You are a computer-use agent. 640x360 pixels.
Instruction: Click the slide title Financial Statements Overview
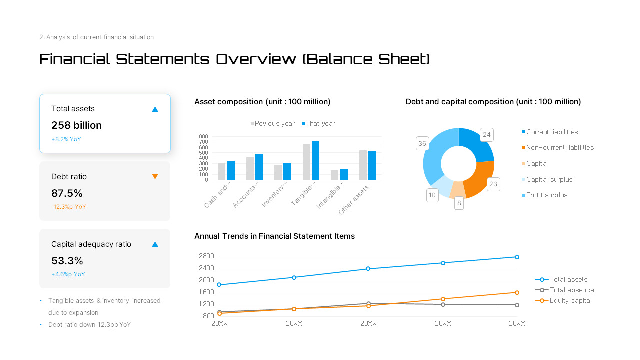(234, 59)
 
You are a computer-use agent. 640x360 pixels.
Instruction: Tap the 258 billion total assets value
(76, 125)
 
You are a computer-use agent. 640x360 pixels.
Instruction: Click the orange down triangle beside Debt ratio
(155, 176)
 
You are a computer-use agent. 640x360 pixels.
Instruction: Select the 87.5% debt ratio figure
(67, 193)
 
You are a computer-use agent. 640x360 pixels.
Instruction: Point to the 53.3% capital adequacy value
(67, 261)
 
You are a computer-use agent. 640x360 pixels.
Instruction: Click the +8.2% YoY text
(66, 139)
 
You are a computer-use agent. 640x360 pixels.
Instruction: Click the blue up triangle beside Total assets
(155, 109)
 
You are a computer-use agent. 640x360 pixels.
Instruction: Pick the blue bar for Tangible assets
(315, 160)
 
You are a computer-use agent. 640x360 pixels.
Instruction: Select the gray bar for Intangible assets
(335, 175)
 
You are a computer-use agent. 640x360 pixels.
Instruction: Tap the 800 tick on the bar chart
(203, 136)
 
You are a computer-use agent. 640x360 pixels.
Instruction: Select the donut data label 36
(422, 144)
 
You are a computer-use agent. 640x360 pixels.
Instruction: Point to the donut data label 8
(459, 203)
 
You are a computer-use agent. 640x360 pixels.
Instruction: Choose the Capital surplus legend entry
(549, 179)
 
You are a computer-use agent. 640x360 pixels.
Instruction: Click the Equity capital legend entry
(570, 300)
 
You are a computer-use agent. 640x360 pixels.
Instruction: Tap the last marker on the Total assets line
(517, 257)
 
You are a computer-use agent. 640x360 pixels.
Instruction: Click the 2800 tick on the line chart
(206, 256)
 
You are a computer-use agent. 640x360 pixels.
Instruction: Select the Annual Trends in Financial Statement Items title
(274, 236)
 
